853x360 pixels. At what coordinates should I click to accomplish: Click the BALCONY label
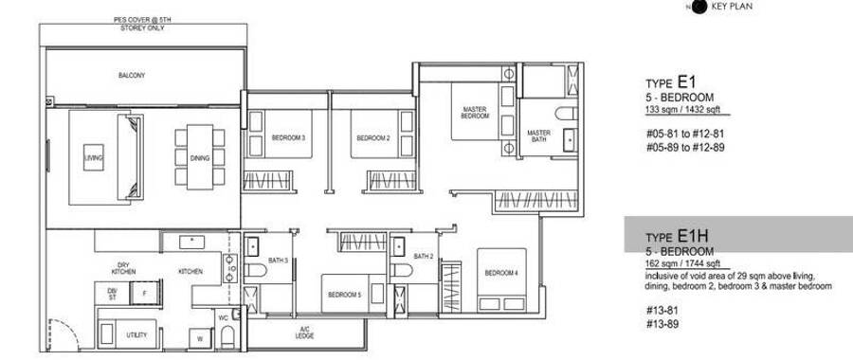pos(132,76)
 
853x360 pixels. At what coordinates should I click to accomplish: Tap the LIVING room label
pos(94,157)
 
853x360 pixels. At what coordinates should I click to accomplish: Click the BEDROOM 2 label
pos(373,138)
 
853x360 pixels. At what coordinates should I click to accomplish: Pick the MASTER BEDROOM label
pos(475,113)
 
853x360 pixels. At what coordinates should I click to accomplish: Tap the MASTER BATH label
pos(538,136)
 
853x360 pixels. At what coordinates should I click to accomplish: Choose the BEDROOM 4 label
pos(501,273)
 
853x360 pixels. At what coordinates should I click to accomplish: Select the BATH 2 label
pos(423,256)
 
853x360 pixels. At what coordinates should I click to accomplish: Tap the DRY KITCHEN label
pos(123,268)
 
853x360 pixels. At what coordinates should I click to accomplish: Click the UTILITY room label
pos(136,335)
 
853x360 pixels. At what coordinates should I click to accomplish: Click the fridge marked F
pos(145,293)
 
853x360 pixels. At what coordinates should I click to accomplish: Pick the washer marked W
pos(200,339)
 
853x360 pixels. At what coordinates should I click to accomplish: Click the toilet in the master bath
pos(566,114)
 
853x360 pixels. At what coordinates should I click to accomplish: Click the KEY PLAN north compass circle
pos(700,7)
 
